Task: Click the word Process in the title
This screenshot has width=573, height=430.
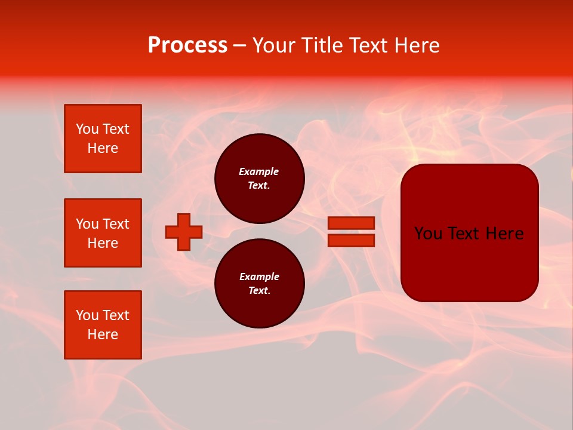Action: pos(187,45)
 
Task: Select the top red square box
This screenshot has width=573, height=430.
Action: pos(103,139)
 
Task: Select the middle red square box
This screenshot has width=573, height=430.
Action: pos(103,233)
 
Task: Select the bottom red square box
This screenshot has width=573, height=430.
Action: pos(103,325)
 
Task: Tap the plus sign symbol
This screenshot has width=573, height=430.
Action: pos(184,232)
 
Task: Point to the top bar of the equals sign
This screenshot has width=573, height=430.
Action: pos(351,223)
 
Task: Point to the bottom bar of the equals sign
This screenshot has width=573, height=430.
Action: pos(351,240)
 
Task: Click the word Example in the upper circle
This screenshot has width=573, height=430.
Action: pos(258,171)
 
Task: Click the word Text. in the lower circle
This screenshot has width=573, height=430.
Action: pos(259,291)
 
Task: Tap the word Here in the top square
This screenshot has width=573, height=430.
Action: pos(103,148)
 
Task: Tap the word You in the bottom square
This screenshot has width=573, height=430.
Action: pos(87,315)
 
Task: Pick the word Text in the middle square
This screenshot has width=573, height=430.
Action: pos(116,224)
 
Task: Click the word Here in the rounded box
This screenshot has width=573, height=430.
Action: pos(505,233)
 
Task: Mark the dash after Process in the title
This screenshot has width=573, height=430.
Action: pos(240,45)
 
